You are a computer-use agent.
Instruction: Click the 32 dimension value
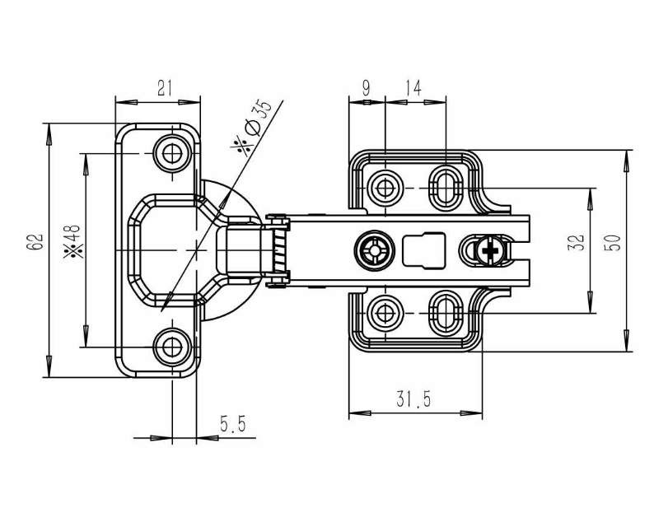577,242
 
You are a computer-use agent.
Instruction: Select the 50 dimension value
612,242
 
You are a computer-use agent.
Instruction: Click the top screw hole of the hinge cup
172,152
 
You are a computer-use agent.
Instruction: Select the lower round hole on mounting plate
385,312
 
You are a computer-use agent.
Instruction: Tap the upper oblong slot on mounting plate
446,184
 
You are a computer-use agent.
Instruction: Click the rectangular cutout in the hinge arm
423,249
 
